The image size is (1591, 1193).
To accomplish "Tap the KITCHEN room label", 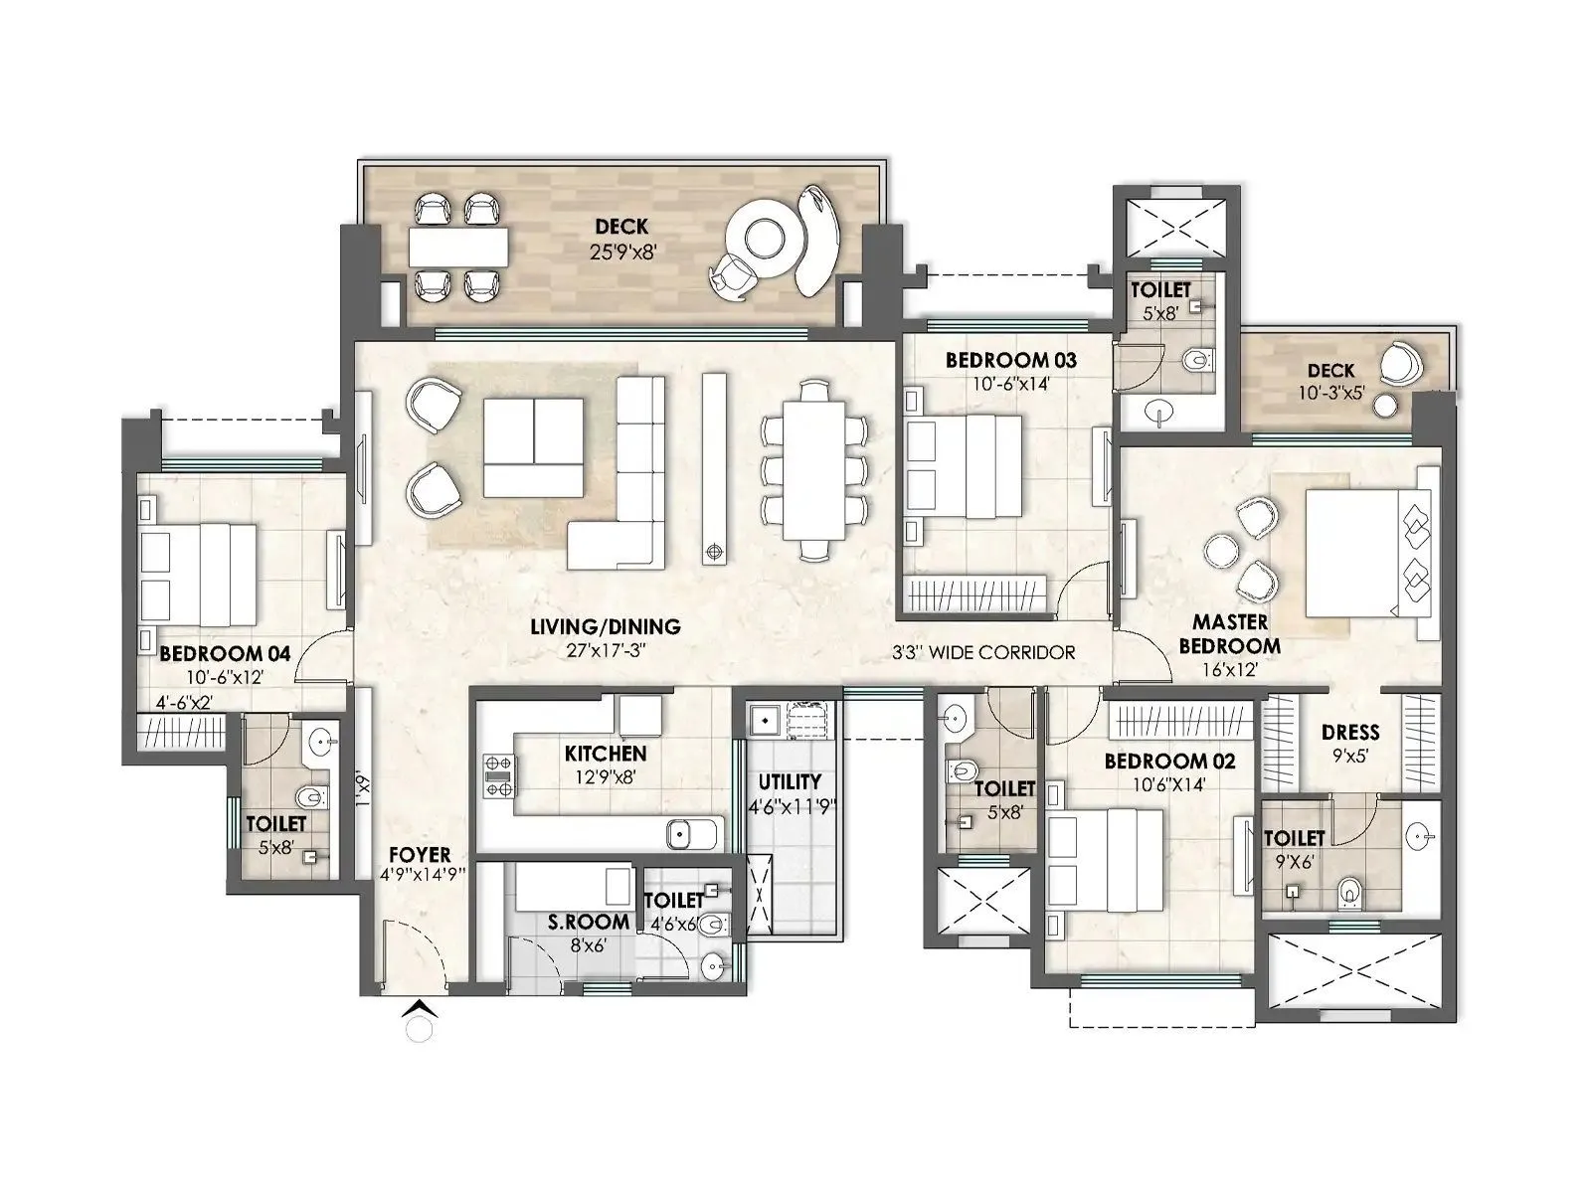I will point(605,754).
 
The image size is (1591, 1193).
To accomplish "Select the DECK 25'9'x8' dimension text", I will point(621,253).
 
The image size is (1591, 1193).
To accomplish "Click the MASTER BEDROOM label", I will point(1230,633).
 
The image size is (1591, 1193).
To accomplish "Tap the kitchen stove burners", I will point(498,775).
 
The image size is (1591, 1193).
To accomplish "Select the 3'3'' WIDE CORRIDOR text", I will point(984,653).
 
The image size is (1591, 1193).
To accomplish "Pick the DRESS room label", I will point(1350,733).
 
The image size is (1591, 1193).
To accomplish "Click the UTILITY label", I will point(790,781).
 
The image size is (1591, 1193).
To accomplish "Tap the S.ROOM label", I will point(589,922).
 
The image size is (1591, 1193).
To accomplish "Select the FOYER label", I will point(419,855).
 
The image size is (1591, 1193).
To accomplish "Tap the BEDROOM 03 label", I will point(1010,360).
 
